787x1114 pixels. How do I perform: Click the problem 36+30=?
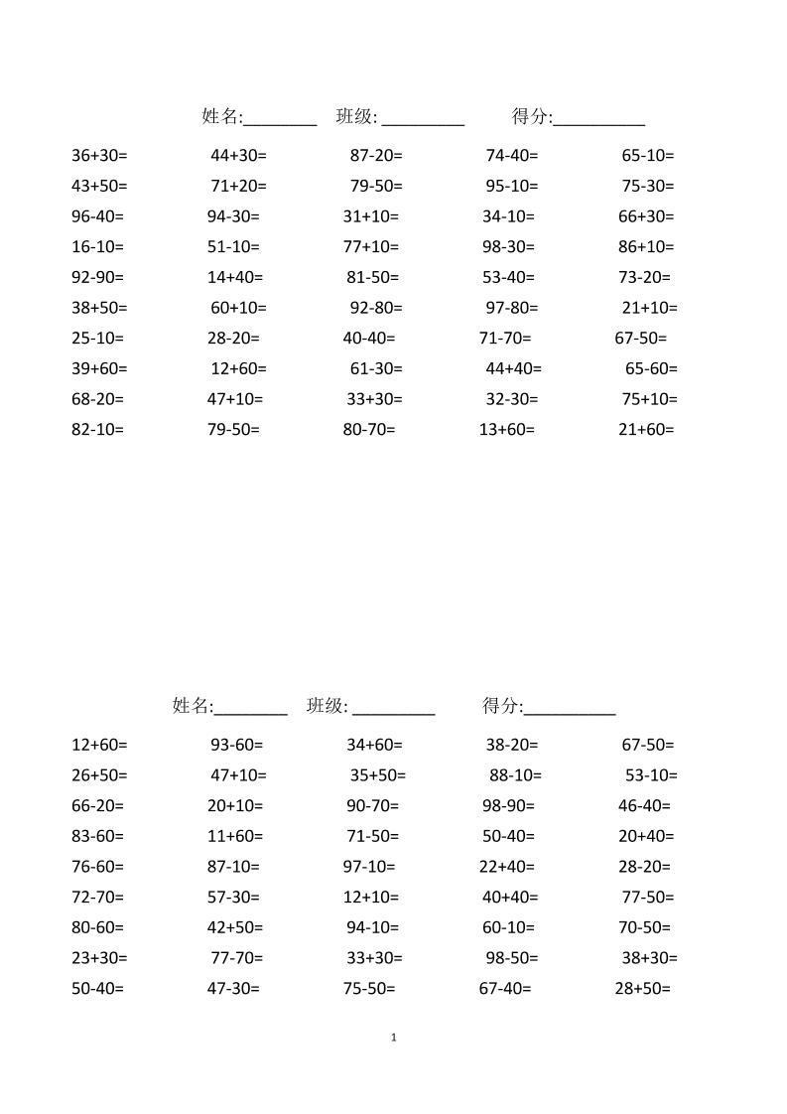pos(99,156)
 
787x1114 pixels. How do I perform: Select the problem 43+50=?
pos(99,187)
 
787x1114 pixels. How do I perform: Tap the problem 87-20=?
pos(376,156)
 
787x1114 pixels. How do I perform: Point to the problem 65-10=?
pos(647,156)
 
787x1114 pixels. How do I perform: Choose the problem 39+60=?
pos(99,369)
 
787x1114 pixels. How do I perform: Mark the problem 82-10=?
pos(97,430)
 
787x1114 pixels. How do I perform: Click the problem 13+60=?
pos(506,430)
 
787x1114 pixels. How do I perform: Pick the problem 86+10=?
pos(646,247)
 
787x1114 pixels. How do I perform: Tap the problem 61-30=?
pos(376,369)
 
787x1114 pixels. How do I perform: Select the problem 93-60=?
pos(236,745)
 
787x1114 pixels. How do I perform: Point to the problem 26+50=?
pos(99,775)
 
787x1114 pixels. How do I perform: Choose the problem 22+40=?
pos(506,867)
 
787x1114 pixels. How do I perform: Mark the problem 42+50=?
pos(235,928)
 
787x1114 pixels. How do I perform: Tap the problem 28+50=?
pos(643,989)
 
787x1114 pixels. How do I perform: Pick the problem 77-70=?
pos(236,959)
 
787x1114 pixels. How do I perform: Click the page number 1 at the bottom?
pos(394,1038)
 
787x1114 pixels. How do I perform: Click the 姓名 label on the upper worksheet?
pos(221,117)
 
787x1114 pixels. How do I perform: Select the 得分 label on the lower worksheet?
pos(501,706)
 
